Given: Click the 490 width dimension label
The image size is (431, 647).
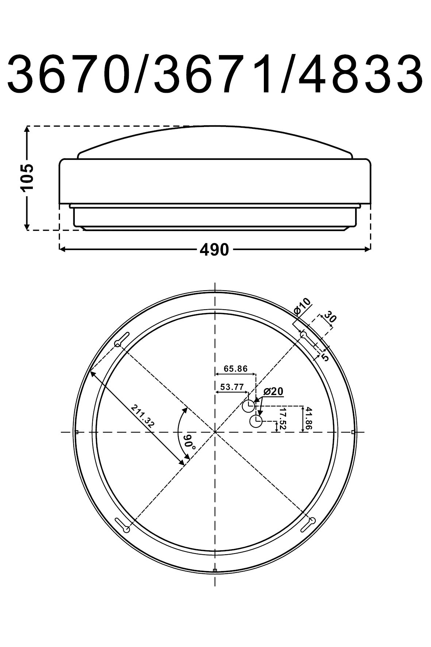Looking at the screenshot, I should tap(214, 250).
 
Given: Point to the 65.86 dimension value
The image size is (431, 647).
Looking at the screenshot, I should tap(235, 368).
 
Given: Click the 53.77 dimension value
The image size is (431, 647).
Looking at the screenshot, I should tap(232, 387).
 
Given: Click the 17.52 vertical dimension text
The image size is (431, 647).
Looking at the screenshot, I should tap(283, 419).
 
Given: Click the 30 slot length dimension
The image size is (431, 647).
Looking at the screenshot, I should tap(330, 316).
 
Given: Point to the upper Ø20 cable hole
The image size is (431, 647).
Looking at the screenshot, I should tap(249, 406).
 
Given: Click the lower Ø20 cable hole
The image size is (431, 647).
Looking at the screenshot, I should tap(256, 421).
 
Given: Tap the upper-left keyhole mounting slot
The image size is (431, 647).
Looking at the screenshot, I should tap(122, 339).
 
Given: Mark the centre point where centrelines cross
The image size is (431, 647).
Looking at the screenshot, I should tap(215, 432).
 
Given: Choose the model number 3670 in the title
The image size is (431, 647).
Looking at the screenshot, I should tap(69, 75).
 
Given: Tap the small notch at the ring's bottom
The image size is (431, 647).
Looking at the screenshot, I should tap(215, 570).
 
